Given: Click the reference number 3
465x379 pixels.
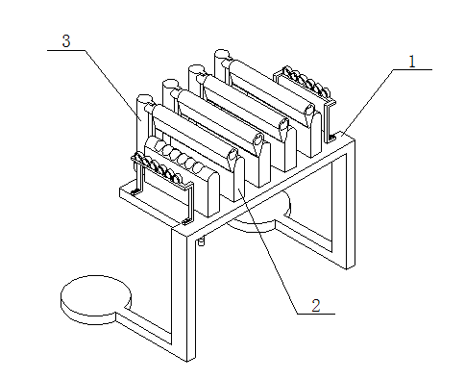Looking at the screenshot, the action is click(x=66, y=41).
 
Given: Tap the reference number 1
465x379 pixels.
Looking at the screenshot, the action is click(x=412, y=62).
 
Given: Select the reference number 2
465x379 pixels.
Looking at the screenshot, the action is click(x=316, y=305).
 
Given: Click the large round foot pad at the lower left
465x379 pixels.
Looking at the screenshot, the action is click(x=96, y=299).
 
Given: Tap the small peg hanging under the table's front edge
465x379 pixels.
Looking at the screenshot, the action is click(x=201, y=241).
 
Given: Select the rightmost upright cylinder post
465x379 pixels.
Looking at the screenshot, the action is click(x=221, y=64).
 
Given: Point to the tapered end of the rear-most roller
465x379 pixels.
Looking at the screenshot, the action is click(x=310, y=114).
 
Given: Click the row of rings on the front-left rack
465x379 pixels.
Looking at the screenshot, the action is click(x=158, y=165).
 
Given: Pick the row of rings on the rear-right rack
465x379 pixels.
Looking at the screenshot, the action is click(x=306, y=80).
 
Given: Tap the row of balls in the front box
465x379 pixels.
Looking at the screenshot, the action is click(x=180, y=156).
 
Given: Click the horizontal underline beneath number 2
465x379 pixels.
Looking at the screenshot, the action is click(x=316, y=314).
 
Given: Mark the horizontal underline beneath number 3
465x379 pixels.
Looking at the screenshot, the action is click(x=66, y=50).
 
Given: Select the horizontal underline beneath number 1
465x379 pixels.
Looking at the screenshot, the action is click(x=413, y=69).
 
